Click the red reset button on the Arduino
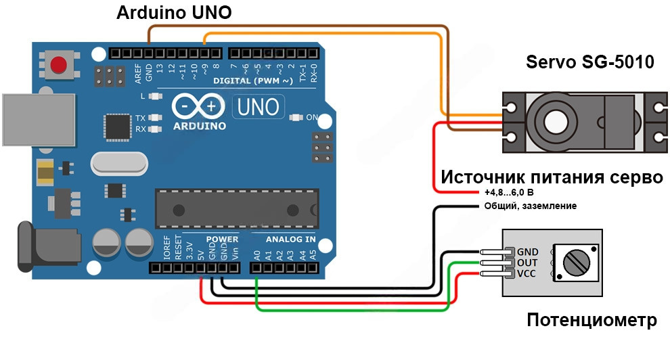(60, 66)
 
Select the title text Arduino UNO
(174, 13)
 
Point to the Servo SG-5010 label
(590, 63)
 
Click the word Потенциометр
(591, 319)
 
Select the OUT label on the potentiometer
(527, 263)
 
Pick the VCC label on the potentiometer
(527, 273)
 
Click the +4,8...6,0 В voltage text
(514, 194)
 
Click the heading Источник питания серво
(552, 178)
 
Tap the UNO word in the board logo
(258, 107)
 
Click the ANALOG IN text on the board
(290, 240)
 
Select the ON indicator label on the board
(312, 118)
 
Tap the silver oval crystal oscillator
(118, 162)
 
